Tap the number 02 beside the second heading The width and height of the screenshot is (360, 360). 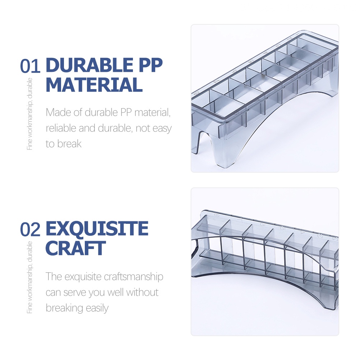tap(31, 230)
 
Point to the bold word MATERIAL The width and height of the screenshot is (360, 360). tap(94, 85)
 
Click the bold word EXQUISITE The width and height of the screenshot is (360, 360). tap(97, 229)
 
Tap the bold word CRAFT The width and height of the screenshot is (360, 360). tap(75, 248)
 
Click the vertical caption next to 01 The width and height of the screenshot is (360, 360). tap(30, 114)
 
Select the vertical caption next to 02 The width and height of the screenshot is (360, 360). tap(30, 277)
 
